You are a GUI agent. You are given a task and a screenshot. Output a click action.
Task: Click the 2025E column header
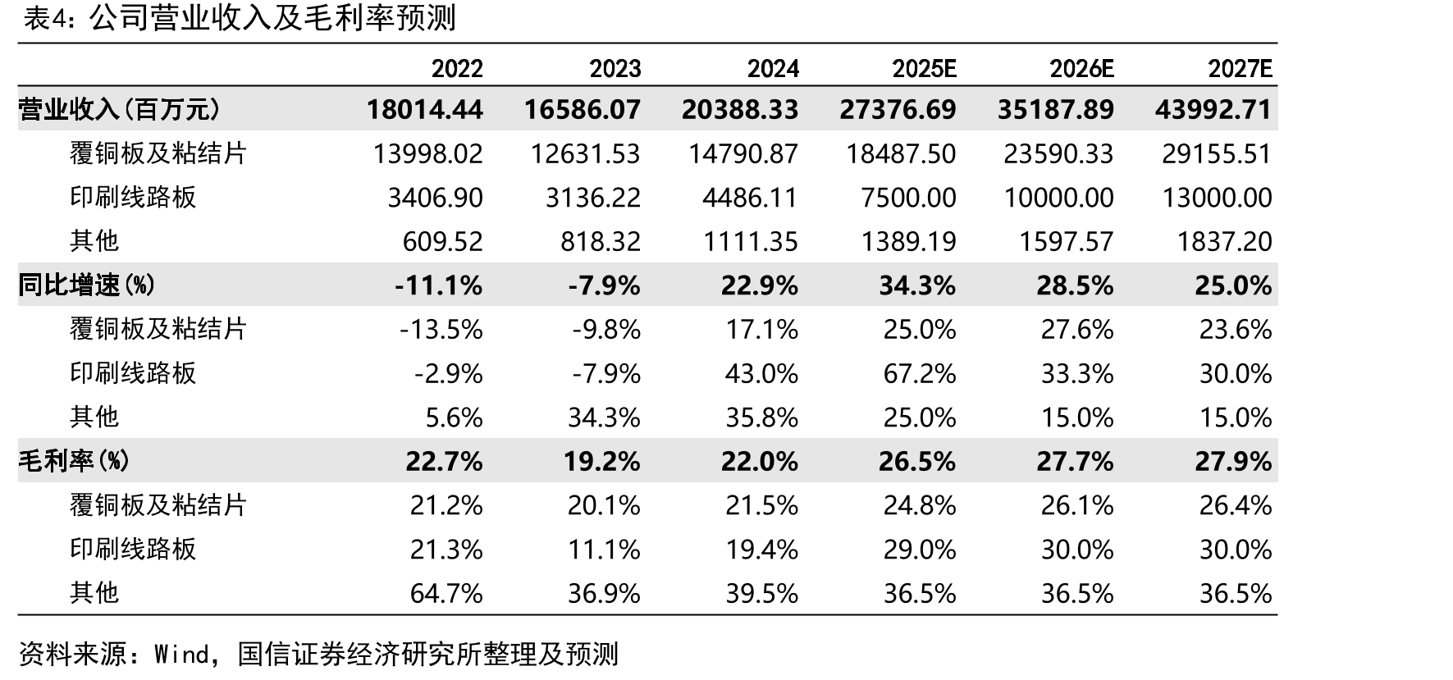tap(924, 69)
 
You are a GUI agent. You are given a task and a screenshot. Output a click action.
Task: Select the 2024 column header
tap(773, 69)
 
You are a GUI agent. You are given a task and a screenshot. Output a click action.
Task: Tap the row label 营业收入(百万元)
tap(120, 109)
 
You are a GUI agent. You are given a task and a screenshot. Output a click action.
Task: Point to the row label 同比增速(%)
tap(87, 285)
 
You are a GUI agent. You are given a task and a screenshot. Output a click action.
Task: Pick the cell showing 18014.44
tap(425, 110)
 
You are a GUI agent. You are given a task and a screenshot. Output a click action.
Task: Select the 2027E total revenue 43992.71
tap(1213, 110)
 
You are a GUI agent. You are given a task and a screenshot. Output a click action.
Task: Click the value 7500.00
tap(909, 198)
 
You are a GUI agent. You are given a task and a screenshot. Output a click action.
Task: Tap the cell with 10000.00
tap(1059, 198)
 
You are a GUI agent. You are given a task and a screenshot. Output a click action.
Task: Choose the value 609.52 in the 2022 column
tap(443, 242)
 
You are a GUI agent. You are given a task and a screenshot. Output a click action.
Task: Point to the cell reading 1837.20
tap(1224, 242)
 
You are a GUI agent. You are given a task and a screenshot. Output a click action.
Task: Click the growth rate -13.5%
tap(441, 330)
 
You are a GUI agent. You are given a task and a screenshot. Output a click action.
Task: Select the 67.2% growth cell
tap(920, 374)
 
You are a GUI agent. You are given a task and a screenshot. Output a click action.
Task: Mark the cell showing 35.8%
tap(762, 418)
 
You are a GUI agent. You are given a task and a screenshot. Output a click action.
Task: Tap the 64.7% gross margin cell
tap(446, 593)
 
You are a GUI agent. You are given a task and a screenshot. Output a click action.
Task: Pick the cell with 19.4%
tap(762, 550)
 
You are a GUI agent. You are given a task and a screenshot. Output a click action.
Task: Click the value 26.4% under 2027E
tap(1236, 505)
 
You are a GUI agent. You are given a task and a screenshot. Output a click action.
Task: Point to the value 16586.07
tap(583, 110)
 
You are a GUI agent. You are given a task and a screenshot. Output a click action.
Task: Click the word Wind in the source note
tap(182, 654)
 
